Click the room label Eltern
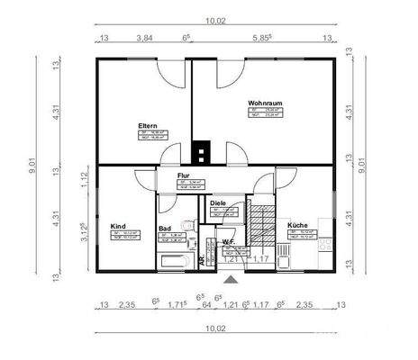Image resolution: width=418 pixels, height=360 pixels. coord(148,124)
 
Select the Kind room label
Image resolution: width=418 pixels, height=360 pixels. coord(118,226)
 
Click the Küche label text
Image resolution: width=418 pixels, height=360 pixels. coord(297,224)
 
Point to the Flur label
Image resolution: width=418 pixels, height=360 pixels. coord(183,176)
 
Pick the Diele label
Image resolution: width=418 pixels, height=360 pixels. coord(217,203)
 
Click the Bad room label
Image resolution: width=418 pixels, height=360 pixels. coord(165,229)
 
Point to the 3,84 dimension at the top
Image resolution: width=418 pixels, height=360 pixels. coord(143,39)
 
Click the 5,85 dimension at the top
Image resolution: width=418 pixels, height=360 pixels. coord(262,39)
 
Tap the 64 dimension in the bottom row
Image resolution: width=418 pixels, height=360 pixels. coord(206,305)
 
